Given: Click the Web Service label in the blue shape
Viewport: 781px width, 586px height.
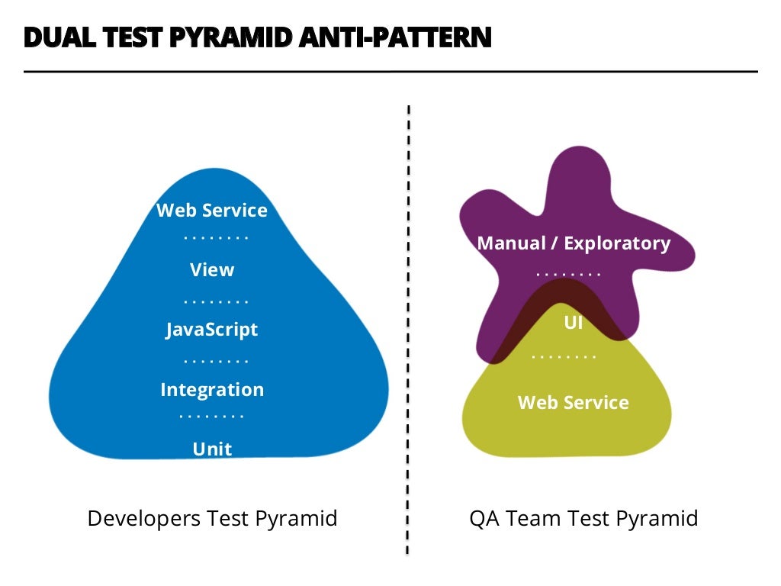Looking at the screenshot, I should (x=212, y=211).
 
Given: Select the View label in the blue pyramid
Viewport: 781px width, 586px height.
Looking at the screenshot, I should (x=212, y=270).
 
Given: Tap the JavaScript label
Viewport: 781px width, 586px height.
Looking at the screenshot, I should (x=212, y=330).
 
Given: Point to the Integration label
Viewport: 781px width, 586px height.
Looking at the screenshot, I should (x=212, y=390).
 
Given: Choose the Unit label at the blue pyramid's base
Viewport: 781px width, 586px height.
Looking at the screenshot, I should (x=212, y=449).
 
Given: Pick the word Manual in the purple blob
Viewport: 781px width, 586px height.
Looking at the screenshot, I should (x=512, y=243).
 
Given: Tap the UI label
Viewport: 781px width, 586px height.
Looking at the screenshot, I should (x=573, y=323).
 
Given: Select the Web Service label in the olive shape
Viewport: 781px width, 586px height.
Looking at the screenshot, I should (x=573, y=403).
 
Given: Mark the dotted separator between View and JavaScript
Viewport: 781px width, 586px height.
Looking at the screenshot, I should (x=216, y=301).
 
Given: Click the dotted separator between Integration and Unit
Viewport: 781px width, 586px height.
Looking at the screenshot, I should (x=212, y=417).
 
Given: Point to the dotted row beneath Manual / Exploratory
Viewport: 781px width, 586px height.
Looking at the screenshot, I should (x=569, y=273).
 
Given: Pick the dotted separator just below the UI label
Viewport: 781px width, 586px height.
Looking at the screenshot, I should (x=564, y=356).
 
